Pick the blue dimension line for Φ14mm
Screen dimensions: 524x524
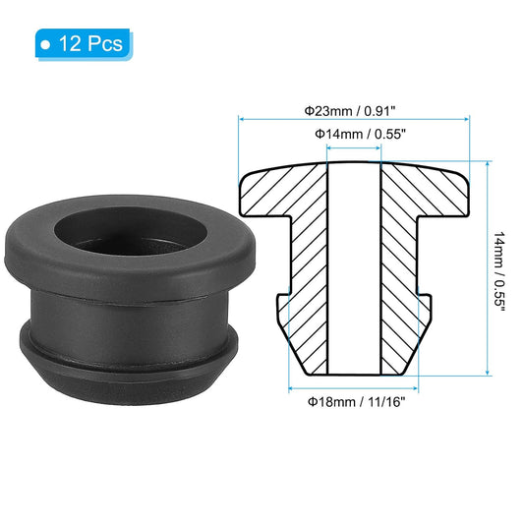(x=353, y=149)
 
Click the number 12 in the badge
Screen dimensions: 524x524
(x=72, y=44)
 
